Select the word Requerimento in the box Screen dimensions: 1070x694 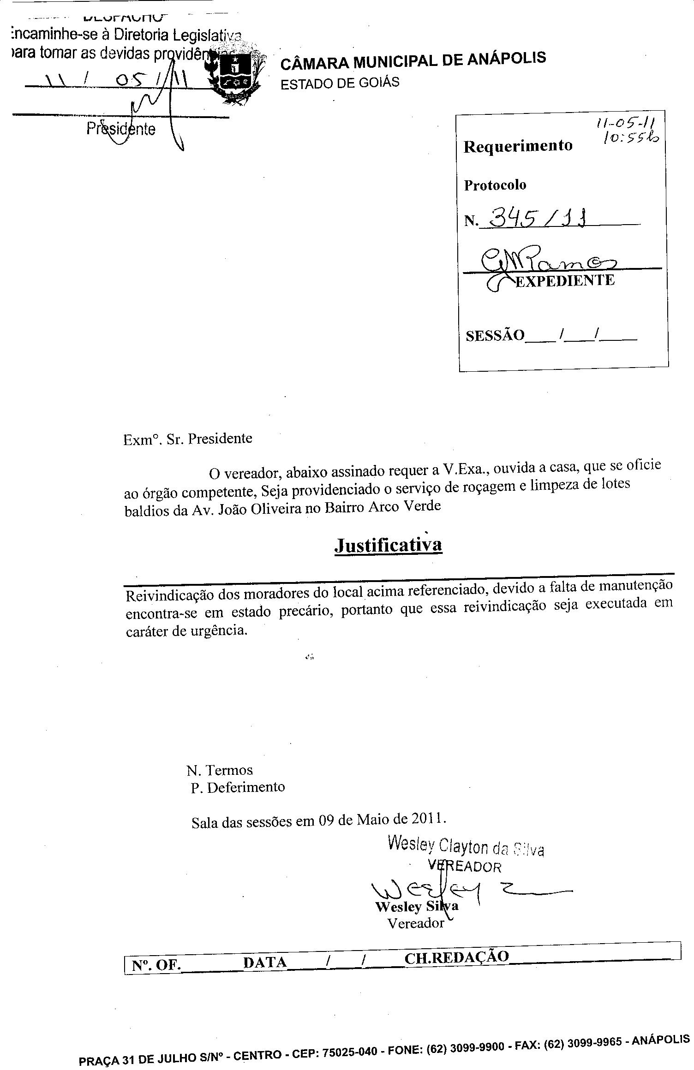[x=518, y=146]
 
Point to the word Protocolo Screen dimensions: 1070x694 [x=495, y=185]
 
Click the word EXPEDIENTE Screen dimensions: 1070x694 [x=564, y=280]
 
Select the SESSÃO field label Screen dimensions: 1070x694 [x=495, y=335]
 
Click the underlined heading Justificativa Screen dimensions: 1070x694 [x=388, y=545]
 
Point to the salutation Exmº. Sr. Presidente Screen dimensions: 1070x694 [x=188, y=439]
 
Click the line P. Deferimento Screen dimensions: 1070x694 [x=238, y=787]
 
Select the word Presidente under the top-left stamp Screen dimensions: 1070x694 [x=121, y=129]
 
